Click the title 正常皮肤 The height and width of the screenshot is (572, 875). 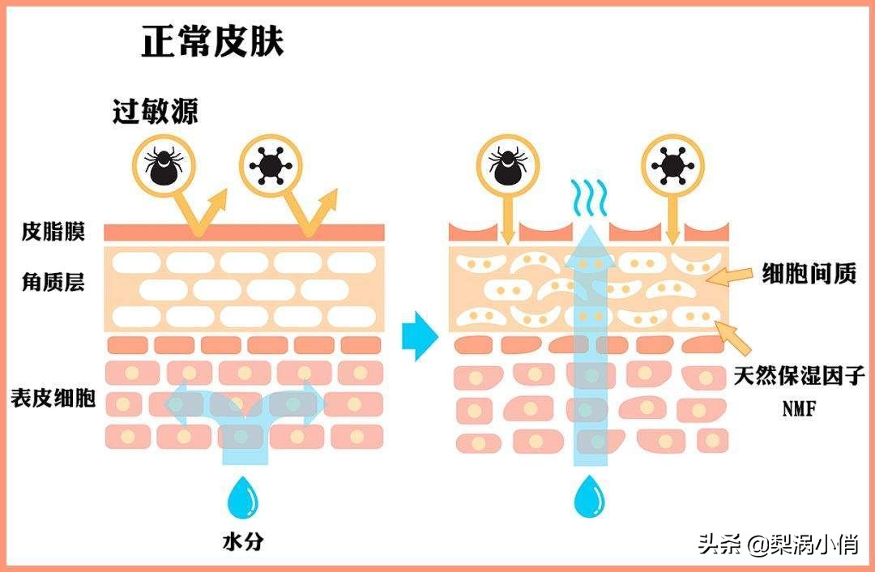pyautogui.click(x=212, y=41)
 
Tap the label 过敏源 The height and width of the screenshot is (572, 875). pyautogui.click(x=155, y=111)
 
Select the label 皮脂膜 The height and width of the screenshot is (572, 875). pyautogui.click(x=53, y=232)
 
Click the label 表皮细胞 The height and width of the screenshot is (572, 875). pyautogui.click(x=53, y=398)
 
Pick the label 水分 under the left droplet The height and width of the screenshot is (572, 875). pyautogui.click(x=242, y=541)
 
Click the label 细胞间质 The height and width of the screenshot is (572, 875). pyautogui.click(x=809, y=275)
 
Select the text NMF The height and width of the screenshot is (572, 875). pyautogui.click(x=798, y=409)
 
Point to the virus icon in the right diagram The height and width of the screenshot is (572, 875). pyautogui.click(x=672, y=164)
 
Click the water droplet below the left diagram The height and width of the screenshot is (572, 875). pyautogui.click(x=242, y=497)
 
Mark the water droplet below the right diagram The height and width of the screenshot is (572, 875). pyautogui.click(x=589, y=498)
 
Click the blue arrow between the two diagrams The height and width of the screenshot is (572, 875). pyautogui.click(x=420, y=335)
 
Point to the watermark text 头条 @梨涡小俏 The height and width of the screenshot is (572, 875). pyautogui.click(x=779, y=544)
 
